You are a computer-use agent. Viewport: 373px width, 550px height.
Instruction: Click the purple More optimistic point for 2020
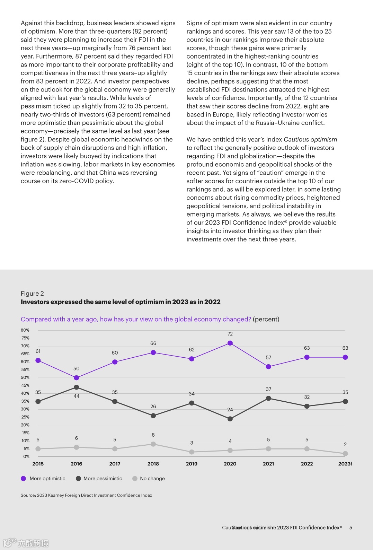[230, 343]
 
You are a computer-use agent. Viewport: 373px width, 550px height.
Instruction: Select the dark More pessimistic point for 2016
[77, 387]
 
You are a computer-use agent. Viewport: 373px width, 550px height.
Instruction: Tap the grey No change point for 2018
[153, 444]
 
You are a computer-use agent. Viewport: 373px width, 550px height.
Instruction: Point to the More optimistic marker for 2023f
[345, 357]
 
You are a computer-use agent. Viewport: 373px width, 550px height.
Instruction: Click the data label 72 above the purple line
[230, 334]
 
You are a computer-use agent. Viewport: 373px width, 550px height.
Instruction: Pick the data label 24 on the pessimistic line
[230, 410]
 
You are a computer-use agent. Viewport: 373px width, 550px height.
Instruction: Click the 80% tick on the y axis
[25, 330]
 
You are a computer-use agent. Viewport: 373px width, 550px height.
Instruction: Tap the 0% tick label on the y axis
[26, 456]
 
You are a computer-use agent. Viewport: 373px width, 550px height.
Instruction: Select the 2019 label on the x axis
[192, 464]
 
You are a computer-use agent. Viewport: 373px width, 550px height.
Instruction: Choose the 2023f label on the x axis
[345, 464]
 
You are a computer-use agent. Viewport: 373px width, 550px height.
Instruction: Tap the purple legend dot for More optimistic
[24, 479]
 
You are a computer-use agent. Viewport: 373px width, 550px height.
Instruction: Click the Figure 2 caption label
[32, 294]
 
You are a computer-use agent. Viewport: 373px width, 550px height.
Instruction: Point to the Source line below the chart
[86, 495]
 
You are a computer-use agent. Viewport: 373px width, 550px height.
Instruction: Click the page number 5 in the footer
[350, 527]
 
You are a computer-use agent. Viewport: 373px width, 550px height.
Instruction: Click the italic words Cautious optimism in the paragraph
[310, 139]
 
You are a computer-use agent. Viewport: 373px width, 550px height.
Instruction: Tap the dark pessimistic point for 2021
[268, 398]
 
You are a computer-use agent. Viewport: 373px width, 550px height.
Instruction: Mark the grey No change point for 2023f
[345, 453]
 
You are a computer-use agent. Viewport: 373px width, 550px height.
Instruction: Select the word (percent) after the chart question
[266, 319]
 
